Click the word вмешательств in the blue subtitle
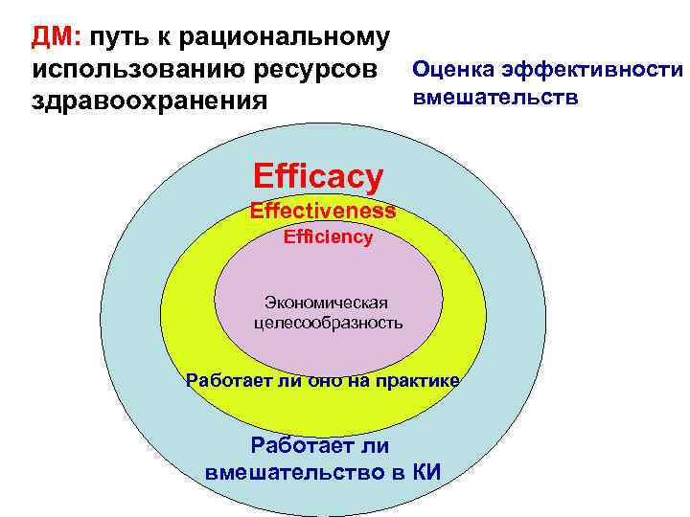click(x=495, y=98)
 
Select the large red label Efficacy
click(x=318, y=175)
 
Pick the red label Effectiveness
click(x=323, y=211)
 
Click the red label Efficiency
click(x=329, y=237)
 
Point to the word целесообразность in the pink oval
click(x=329, y=323)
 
